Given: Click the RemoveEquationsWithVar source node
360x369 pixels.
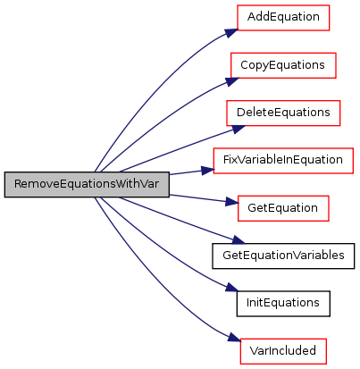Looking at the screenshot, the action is tap(87, 184).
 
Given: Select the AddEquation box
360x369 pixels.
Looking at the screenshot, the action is tap(283, 18).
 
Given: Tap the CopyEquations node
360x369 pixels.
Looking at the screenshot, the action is tap(283, 65).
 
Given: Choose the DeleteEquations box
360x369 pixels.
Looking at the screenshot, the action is tap(283, 113).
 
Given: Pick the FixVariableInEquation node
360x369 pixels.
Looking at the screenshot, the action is tap(283, 161).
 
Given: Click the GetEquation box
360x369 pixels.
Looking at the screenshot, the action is tap(283, 208).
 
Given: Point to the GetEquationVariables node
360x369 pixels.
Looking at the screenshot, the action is tap(283, 256).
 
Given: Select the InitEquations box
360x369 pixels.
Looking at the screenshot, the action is tap(283, 304).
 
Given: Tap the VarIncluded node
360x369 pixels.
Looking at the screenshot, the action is tap(283, 351).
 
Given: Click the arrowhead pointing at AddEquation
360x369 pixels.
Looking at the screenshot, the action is tap(231, 32).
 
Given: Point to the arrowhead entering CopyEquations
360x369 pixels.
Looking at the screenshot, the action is tap(232, 81).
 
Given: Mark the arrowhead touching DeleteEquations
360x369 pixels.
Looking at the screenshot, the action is tap(239, 129).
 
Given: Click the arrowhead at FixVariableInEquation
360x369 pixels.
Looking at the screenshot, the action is tap(208, 170).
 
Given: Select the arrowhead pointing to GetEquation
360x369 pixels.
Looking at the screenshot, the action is tap(232, 202).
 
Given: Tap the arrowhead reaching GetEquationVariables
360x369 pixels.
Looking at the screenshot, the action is tap(239, 239).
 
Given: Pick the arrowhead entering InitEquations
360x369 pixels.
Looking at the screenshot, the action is tap(232, 288).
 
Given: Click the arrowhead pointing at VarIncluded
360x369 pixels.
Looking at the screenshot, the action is tap(233, 337).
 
